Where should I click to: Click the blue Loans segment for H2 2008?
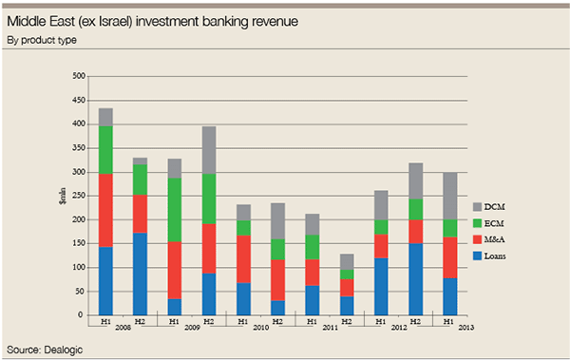click(140, 274)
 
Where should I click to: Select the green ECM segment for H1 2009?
click(175, 210)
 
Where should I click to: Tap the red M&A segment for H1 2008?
click(105, 210)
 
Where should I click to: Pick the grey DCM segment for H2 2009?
click(209, 150)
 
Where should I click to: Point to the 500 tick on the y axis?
click(78, 75)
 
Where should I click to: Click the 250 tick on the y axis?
click(78, 196)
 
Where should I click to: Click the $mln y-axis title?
click(62, 196)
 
